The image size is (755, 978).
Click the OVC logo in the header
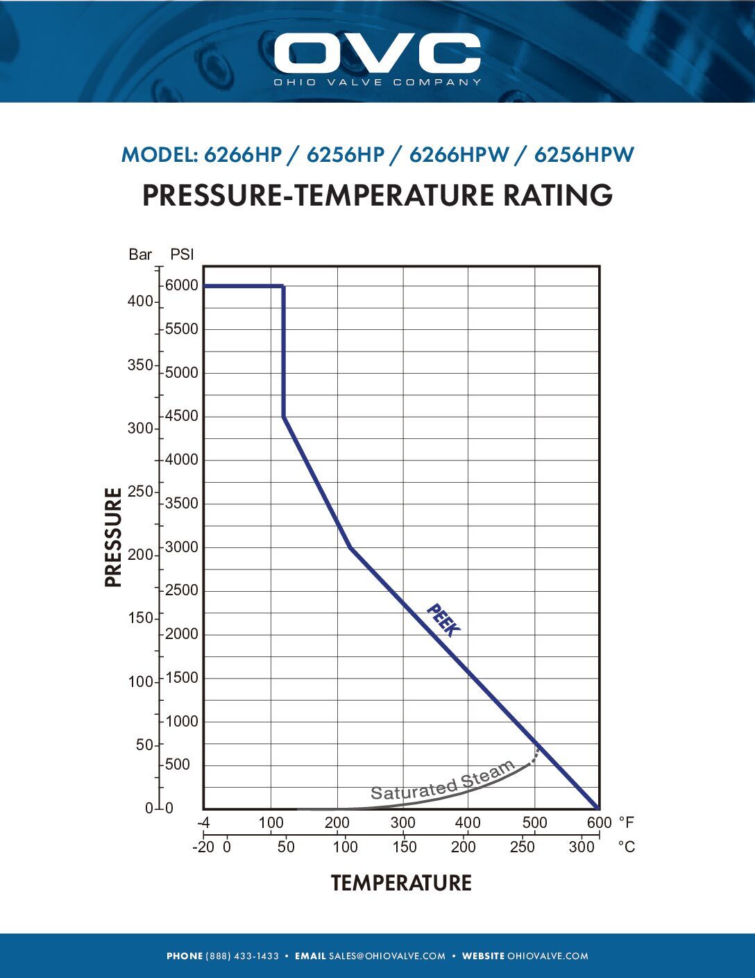tap(377, 54)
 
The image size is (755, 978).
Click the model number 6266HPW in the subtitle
tap(459, 155)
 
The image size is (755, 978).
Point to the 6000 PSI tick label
tap(181, 285)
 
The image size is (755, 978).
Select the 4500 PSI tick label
tap(181, 416)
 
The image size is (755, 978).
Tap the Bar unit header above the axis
tap(140, 254)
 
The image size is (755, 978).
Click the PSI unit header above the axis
tap(182, 254)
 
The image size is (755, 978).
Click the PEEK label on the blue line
tap(443, 620)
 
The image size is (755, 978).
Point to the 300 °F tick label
tap(402, 823)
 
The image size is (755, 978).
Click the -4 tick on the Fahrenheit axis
tap(203, 823)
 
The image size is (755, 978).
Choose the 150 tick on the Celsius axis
tap(404, 847)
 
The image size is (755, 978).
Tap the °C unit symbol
tap(626, 847)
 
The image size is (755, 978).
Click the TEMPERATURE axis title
tap(401, 883)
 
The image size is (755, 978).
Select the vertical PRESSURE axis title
tap(113, 537)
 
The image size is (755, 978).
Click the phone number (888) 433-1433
tap(242, 956)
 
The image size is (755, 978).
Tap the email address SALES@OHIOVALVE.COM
tap(387, 956)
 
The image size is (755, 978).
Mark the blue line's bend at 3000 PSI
tap(350, 548)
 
